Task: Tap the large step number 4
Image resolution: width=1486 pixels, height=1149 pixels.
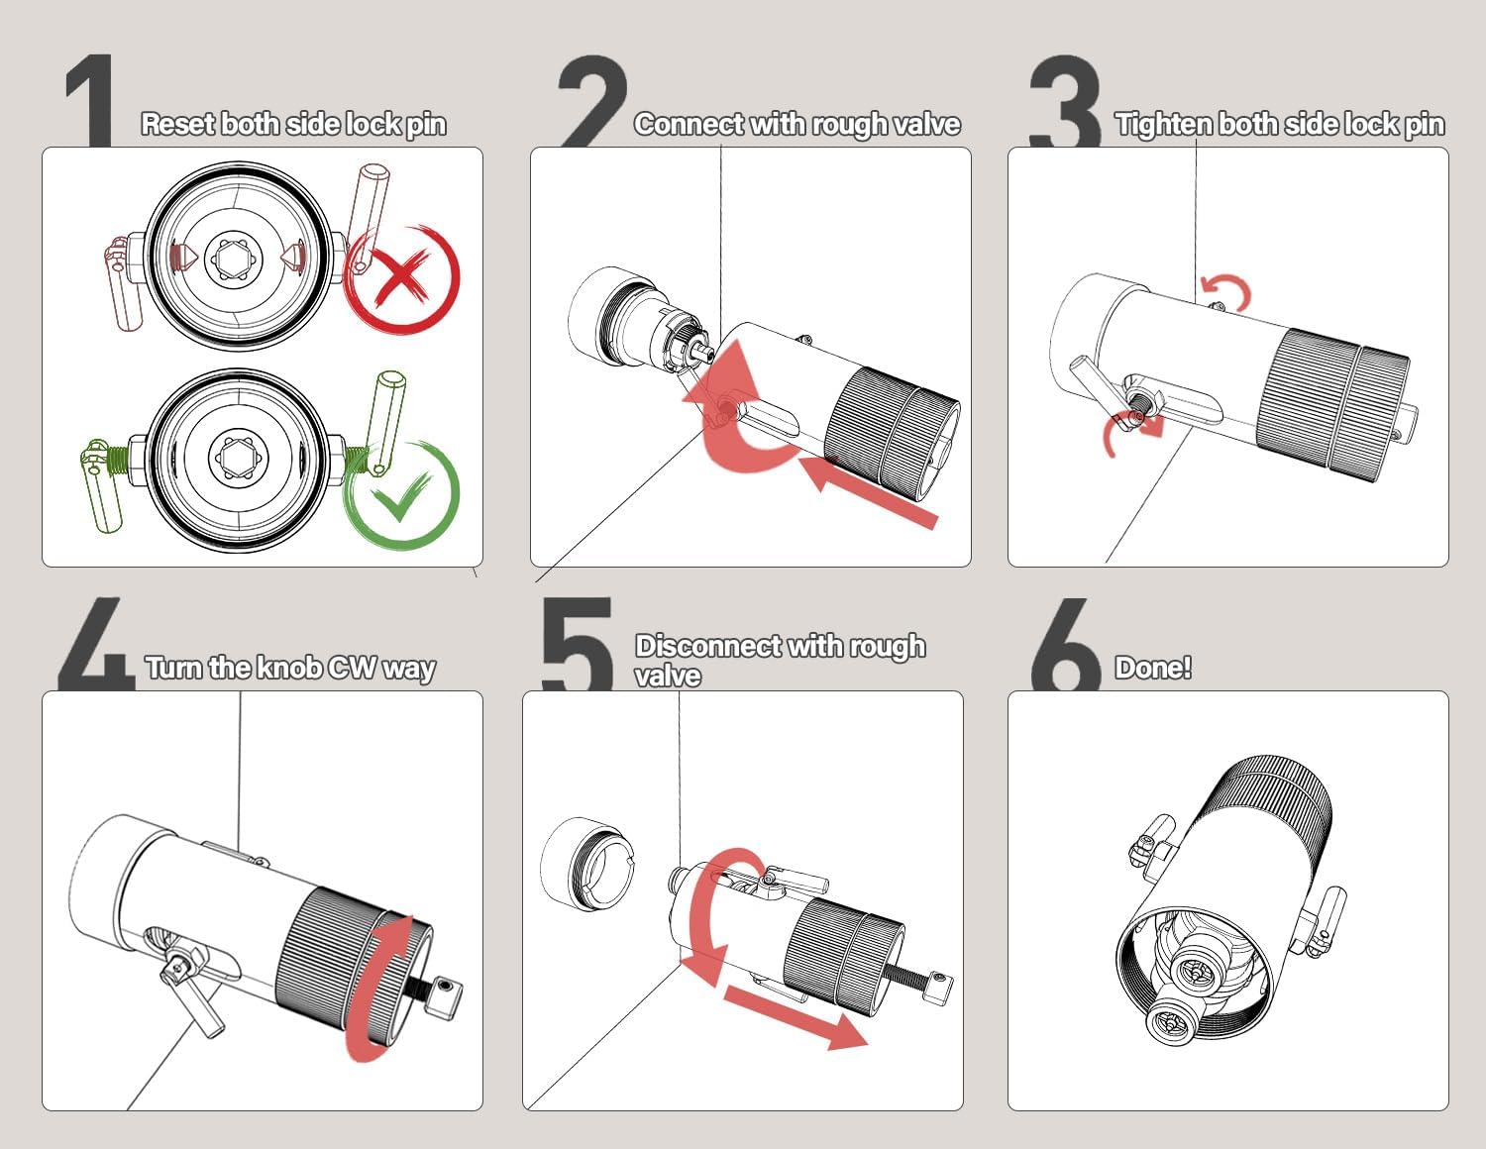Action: click(x=96, y=643)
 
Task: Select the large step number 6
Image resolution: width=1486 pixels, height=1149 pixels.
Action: click(x=1066, y=644)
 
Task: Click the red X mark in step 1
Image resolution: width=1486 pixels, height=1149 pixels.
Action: click(x=401, y=278)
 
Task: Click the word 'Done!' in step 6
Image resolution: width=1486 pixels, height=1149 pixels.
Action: click(x=1153, y=668)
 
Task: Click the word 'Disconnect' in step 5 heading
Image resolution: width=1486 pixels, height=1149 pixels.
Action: click(x=708, y=646)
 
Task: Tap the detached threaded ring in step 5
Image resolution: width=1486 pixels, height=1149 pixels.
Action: click(x=586, y=864)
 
